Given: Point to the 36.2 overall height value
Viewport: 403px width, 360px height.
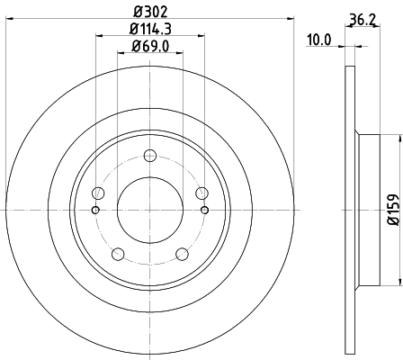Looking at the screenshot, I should [361, 17].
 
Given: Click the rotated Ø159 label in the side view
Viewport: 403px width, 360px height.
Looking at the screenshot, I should [393, 209].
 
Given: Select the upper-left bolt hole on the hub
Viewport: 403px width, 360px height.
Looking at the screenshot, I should [99, 193].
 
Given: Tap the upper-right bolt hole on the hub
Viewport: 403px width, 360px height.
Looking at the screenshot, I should [201, 193].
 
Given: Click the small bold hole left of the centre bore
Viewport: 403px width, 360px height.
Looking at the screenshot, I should [96, 211].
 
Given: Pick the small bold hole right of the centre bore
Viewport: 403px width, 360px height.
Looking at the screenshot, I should [204, 211].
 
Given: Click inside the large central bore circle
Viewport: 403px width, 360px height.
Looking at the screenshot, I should [150, 209].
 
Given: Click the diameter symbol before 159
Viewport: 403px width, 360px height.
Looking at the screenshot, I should [393, 220].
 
